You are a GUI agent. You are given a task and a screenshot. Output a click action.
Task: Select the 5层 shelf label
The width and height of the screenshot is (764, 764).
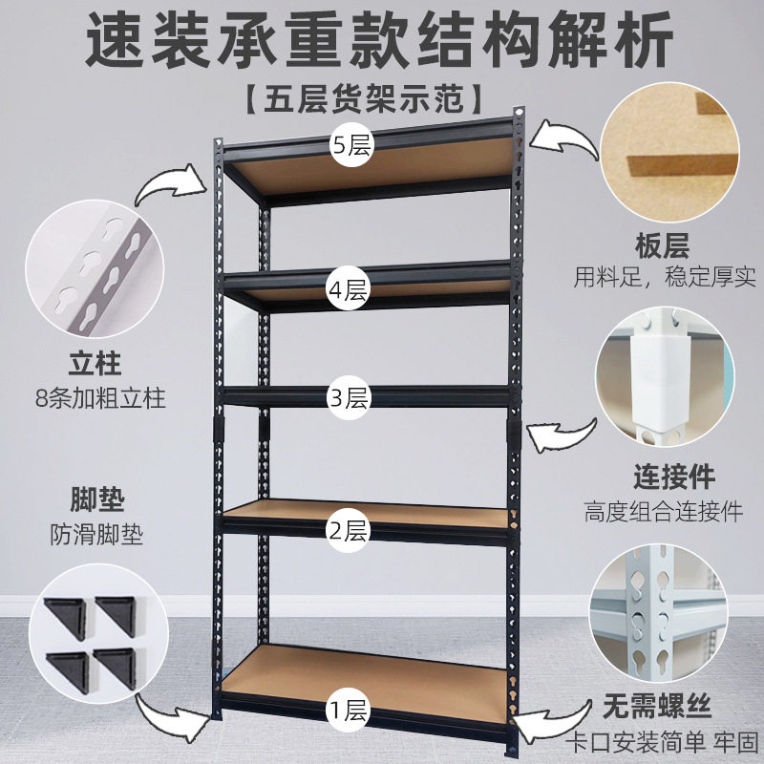point(350,146)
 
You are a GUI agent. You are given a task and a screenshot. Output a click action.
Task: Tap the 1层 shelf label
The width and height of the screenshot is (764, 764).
point(349,710)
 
